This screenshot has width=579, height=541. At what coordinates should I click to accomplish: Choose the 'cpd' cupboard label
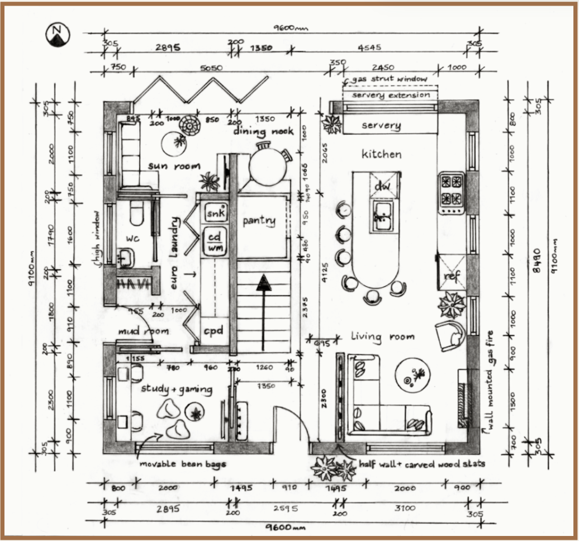(x=213, y=331)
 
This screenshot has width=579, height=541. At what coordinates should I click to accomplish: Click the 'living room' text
(x=383, y=336)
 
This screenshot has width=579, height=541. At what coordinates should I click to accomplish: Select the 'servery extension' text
(x=391, y=95)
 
